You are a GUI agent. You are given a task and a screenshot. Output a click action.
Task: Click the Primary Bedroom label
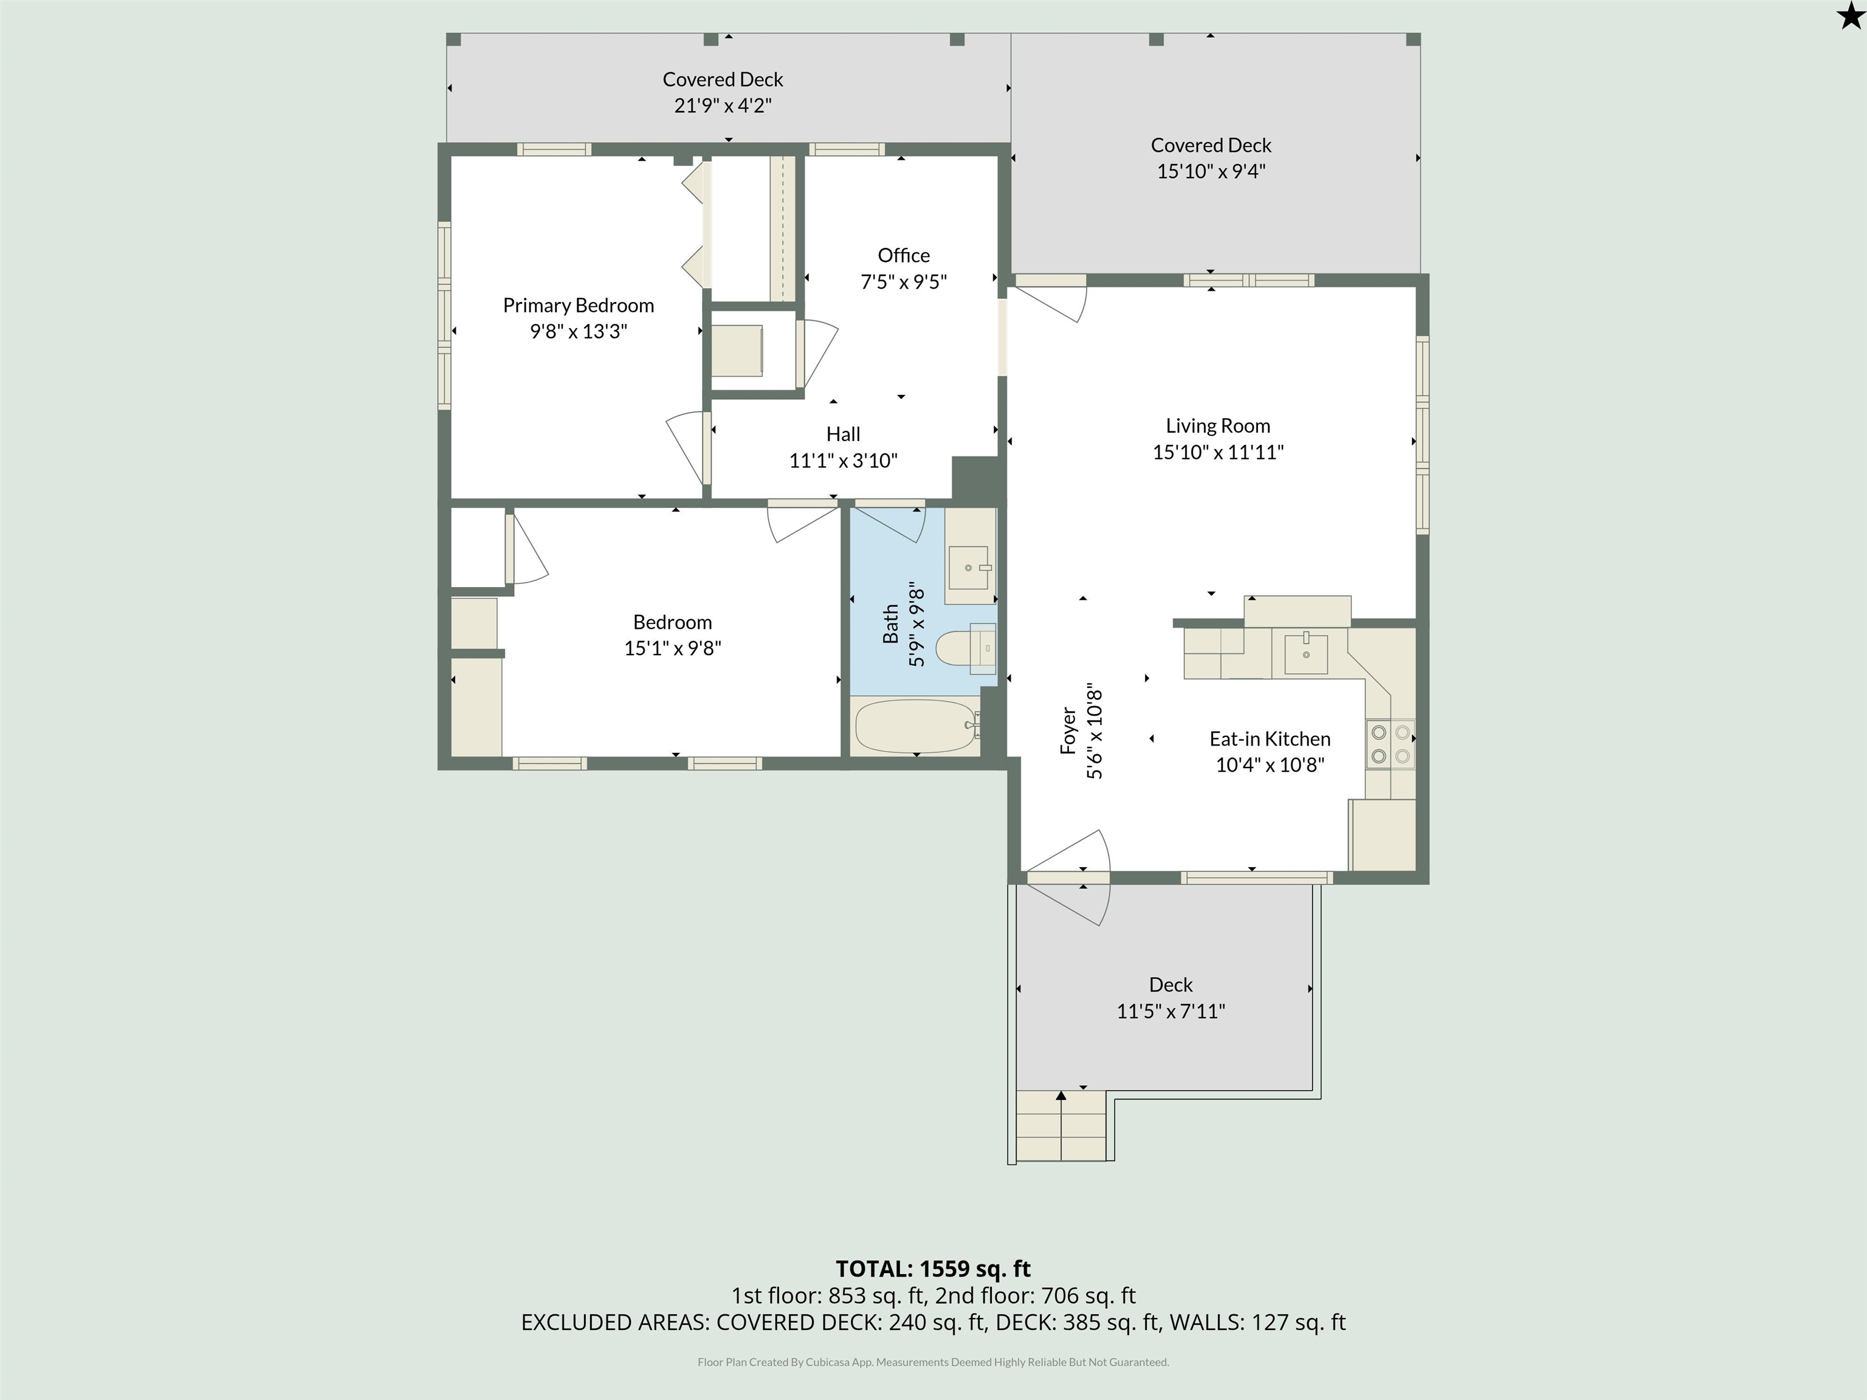tap(578, 306)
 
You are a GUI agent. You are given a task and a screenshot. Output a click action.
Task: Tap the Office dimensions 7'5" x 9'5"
tap(903, 282)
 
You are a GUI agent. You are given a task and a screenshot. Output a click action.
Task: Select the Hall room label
tap(843, 434)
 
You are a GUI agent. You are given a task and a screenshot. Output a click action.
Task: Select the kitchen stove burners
tap(1390, 744)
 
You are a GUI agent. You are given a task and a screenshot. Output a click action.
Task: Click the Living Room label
tap(1218, 426)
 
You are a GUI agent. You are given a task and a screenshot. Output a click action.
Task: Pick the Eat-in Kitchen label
tap(1270, 739)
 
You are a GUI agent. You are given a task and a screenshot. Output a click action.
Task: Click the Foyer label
tap(1068, 731)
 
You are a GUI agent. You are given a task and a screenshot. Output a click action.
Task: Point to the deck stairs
tap(1061, 1126)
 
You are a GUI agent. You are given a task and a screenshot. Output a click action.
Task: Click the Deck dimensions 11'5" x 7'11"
tap(1171, 1011)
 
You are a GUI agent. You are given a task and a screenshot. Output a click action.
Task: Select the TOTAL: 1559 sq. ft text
tap(933, 1269)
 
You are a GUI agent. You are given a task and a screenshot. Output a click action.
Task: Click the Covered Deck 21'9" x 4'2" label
tap(723, 92)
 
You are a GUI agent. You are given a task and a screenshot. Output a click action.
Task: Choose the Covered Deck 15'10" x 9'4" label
tap(1211, 158)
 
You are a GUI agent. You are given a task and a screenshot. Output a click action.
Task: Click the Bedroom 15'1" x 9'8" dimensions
tap(673, 648)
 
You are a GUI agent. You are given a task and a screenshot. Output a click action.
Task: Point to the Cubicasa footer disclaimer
tap(933, 1362)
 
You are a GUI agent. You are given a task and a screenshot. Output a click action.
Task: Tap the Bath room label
tap(890, 625)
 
